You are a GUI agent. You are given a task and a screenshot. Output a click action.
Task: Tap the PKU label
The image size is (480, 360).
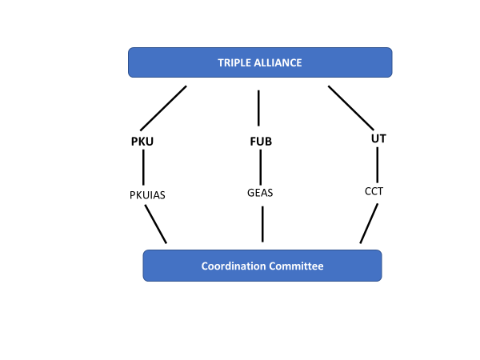point(142,142)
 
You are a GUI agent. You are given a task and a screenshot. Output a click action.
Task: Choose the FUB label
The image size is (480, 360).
point(261,142)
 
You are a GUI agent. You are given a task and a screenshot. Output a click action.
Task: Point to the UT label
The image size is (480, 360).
point(378,138)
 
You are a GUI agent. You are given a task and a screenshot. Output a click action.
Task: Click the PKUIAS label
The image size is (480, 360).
point(147,195)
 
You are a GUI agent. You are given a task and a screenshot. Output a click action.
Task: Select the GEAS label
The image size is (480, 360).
point(260,193)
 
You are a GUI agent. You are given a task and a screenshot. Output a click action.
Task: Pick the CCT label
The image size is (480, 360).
point(374,191)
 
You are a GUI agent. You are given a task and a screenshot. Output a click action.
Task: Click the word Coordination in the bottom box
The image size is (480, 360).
point(234,266)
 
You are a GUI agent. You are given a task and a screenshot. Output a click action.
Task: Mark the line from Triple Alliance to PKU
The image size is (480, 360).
point(163,108)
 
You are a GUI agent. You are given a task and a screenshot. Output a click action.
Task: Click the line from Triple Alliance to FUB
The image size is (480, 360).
point(258,108)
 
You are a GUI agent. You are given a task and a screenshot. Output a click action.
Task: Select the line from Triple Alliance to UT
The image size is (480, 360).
point(351,108)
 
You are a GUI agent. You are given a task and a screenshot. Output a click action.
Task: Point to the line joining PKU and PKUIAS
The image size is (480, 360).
point(143,167)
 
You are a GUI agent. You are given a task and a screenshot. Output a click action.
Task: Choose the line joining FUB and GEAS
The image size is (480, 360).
point(261,167)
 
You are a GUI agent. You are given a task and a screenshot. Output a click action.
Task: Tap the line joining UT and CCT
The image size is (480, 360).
point(377,165)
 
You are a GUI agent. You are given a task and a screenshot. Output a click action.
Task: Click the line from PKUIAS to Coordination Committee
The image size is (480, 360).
point(156,224)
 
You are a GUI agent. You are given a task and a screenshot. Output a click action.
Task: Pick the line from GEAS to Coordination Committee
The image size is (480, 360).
point(262,224)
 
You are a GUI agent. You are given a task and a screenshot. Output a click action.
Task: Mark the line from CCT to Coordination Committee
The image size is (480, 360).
point(369,223)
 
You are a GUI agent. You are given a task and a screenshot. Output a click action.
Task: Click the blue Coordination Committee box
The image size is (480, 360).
point(262,266)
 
